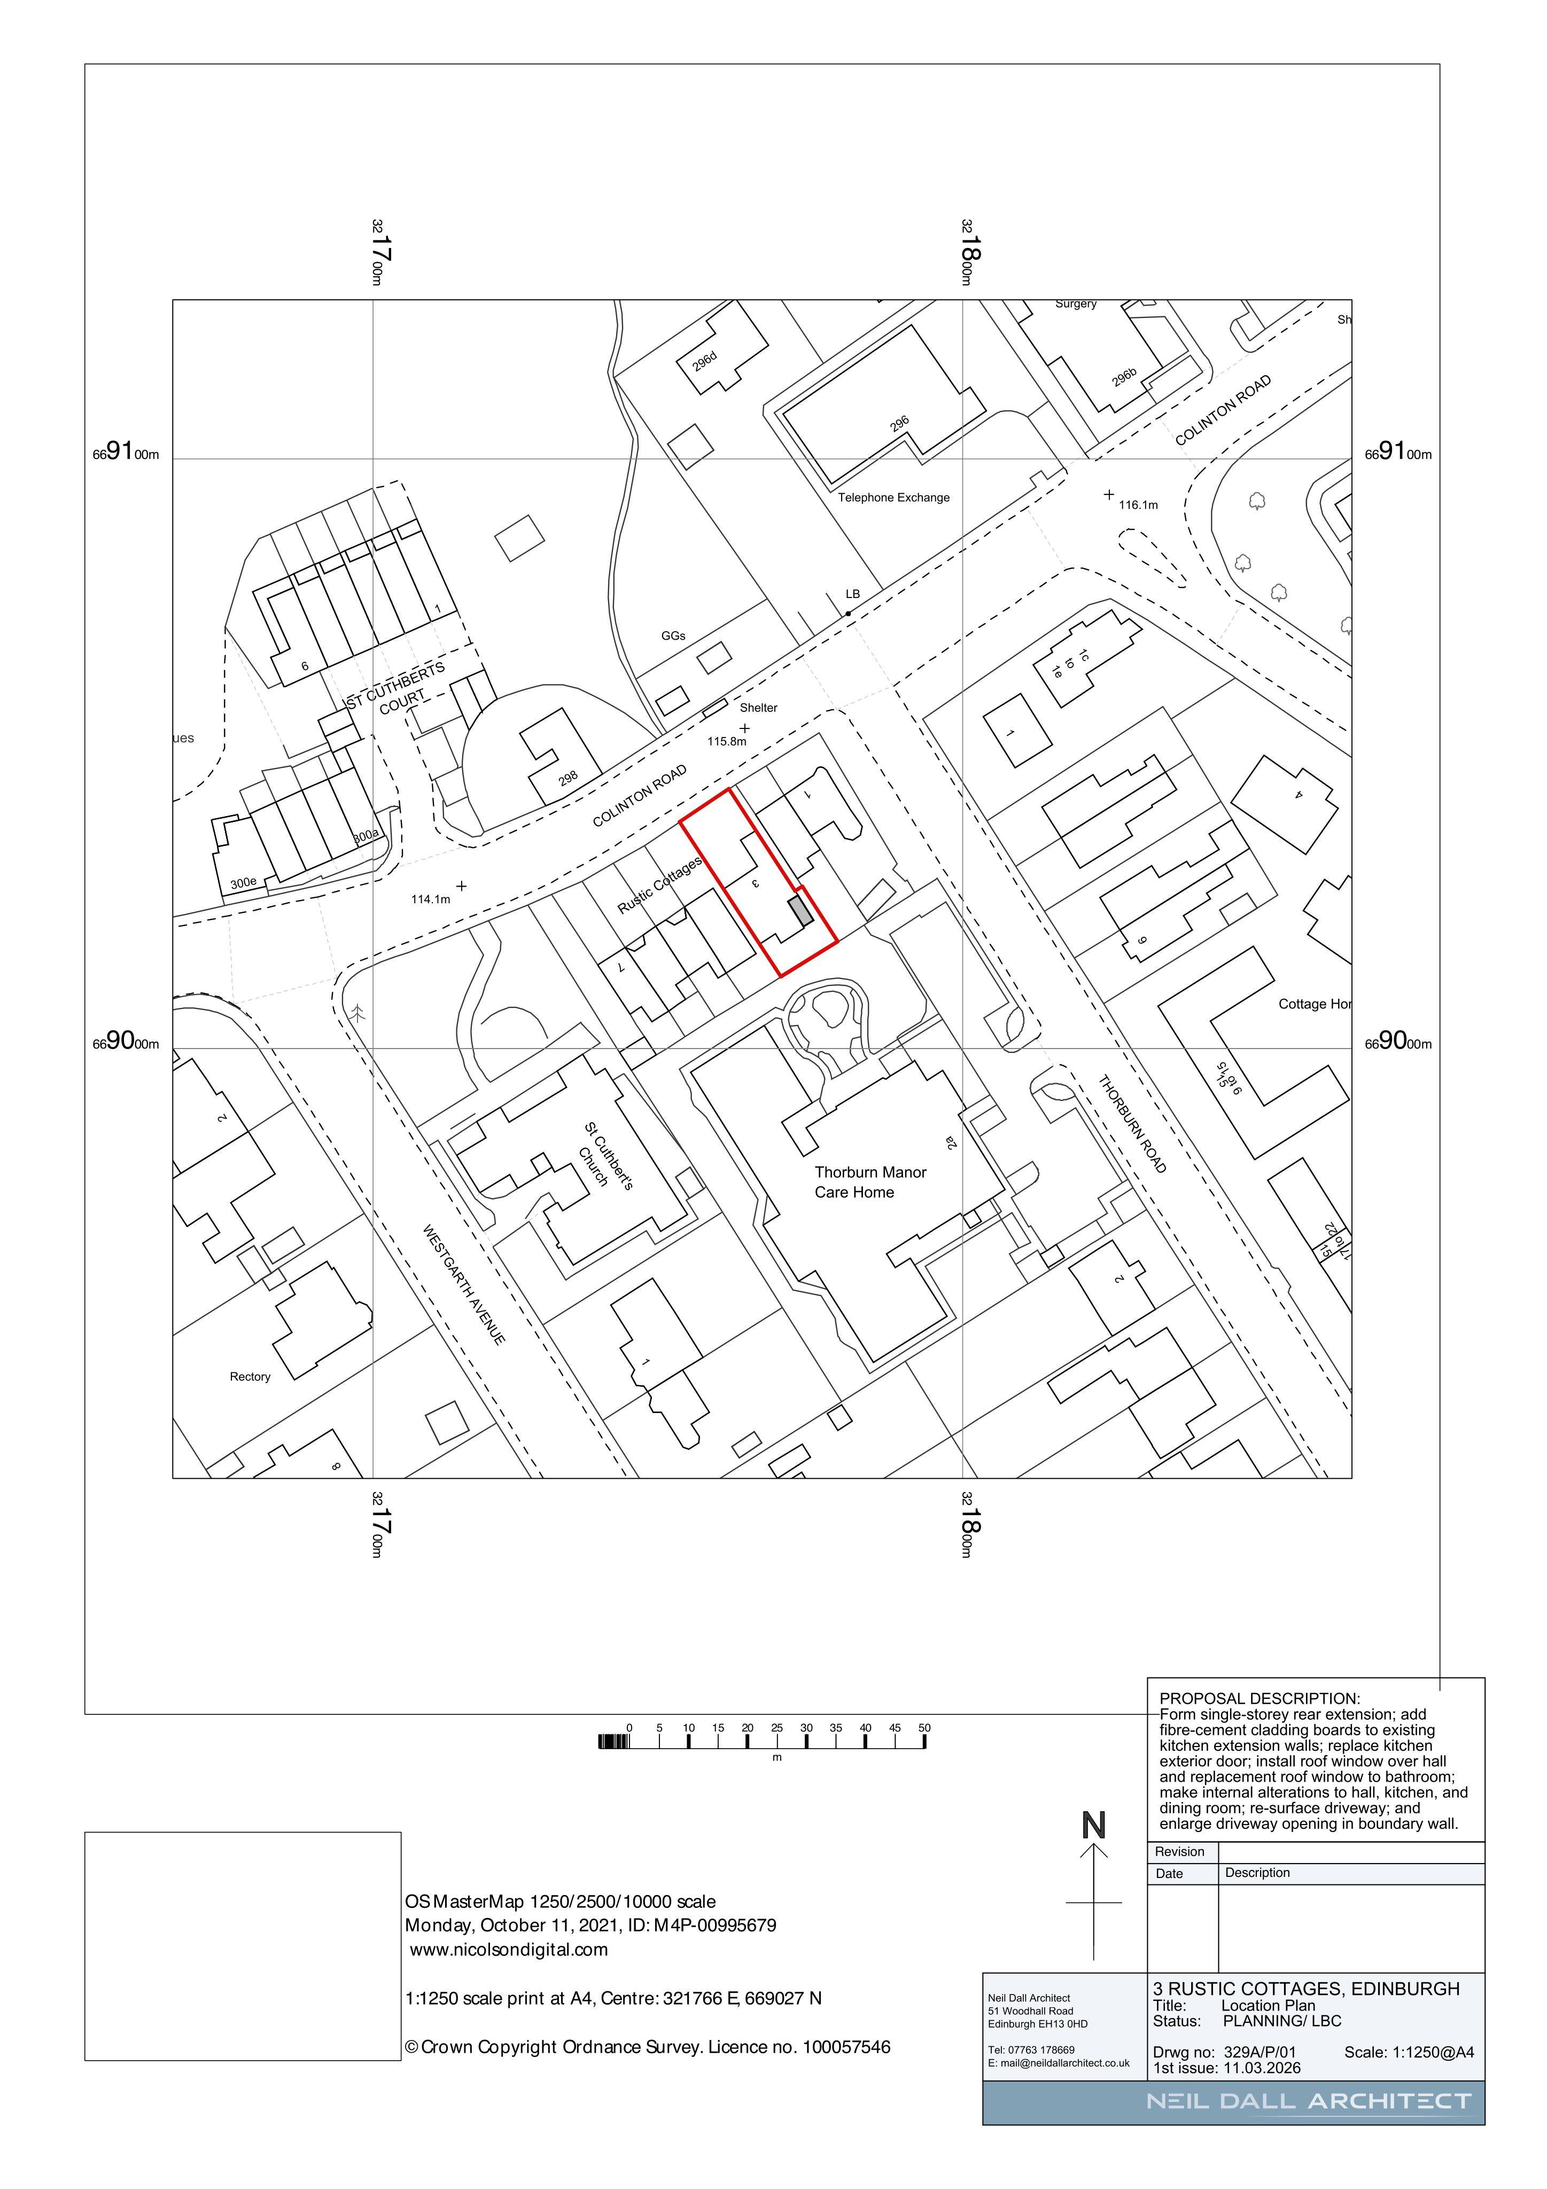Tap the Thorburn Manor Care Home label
point(870,1182)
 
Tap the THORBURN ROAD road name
point(1132,1124)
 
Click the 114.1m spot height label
point(430,899)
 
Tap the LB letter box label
point(852,594)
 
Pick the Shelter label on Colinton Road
point(759,708)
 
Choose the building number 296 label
point(900,423)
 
